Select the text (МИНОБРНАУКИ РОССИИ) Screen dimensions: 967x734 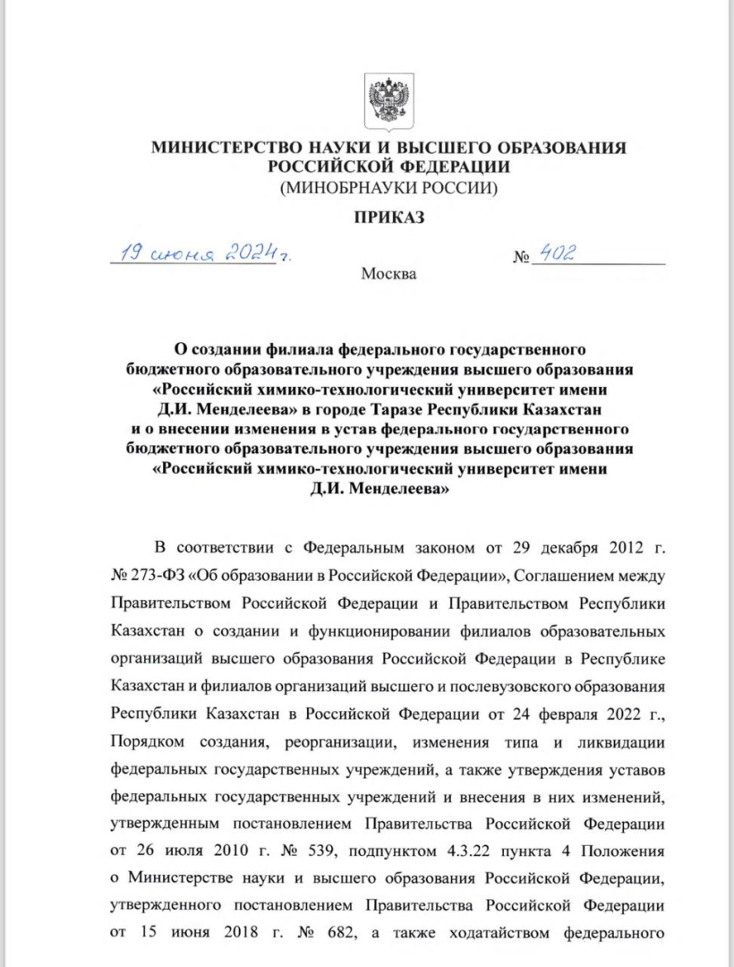pos(388,188)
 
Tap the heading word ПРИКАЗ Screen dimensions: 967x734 pos(388,218)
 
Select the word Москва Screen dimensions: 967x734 pos(388,273)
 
